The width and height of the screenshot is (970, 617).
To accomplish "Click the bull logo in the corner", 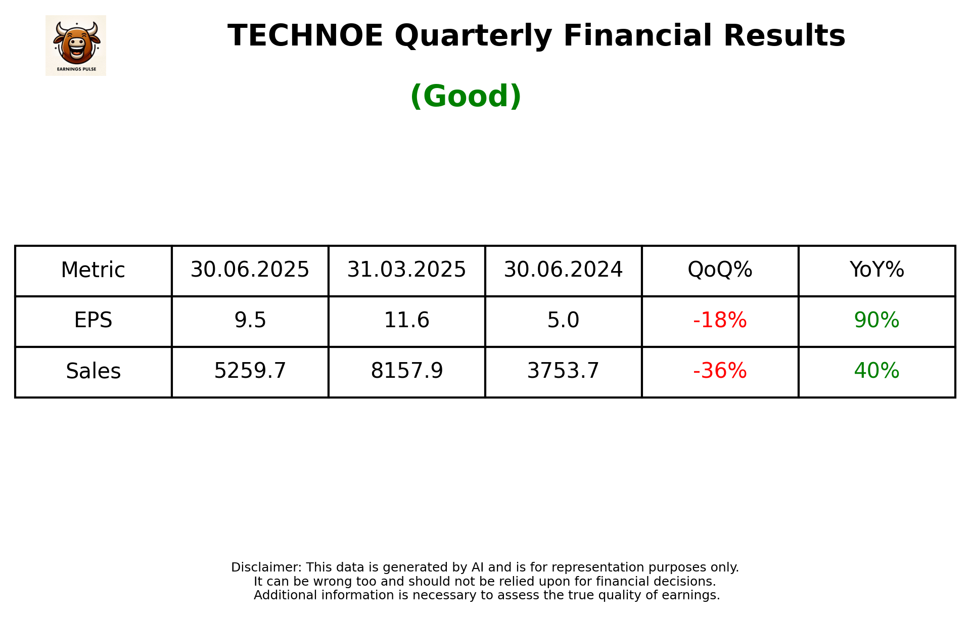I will pyautogui.click(x=76, y=45).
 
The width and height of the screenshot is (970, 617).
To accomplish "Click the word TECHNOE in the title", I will pyautogui.click(x=305, y=36).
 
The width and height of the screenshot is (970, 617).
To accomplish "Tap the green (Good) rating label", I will pyautogui.click(x=466, y=96).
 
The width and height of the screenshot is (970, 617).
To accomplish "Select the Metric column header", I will pyautogui.click(x=93, y=270).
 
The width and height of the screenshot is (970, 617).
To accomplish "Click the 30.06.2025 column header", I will pyautogui.click(x=250, y=270).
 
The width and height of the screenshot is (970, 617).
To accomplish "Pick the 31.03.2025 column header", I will pyautogui.click(x=406, y=270).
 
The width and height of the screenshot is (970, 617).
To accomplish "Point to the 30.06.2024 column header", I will pyautogui.click(x=563, y=270).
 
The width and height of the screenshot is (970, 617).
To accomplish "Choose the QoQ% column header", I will pyautogui.click(x=720, y=270).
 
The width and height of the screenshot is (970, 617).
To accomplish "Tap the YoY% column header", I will pyautogui.click(x=876, y=270).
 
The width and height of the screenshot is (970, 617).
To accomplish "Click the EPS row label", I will pyautogui.click(x=93, y=321).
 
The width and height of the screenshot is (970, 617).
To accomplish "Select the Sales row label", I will pyautogui.click(x=93, y=371).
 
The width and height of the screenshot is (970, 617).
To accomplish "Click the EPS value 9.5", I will pyautogui.click(x=250, y=321).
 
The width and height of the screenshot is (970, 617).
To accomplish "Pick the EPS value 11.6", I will pyautogui.click(x=406, y=321).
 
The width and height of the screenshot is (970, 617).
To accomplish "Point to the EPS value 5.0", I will pyautogui.click(x=563, y=321).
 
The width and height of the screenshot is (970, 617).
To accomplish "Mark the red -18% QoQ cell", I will pyautogui.click(x=720, y=321).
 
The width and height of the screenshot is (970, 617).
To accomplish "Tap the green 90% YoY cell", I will pyautogui.click(x=876, y=321).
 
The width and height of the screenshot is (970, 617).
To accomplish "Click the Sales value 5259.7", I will pyautogui.click(x=250, y=371).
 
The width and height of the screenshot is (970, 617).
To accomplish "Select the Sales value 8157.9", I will pyautogui.click(x=406, y=371).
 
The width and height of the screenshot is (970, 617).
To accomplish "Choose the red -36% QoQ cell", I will pyautogui.click(x=720, y=371).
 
